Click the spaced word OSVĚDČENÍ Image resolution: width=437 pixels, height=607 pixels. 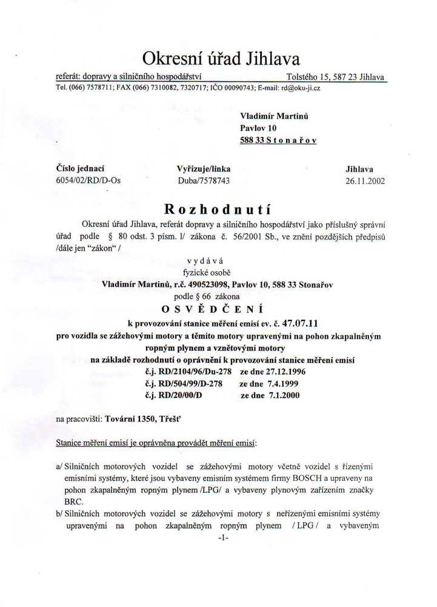point(219,309)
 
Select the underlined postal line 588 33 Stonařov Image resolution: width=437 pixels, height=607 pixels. point(279,140)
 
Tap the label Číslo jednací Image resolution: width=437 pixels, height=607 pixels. point(81,169)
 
